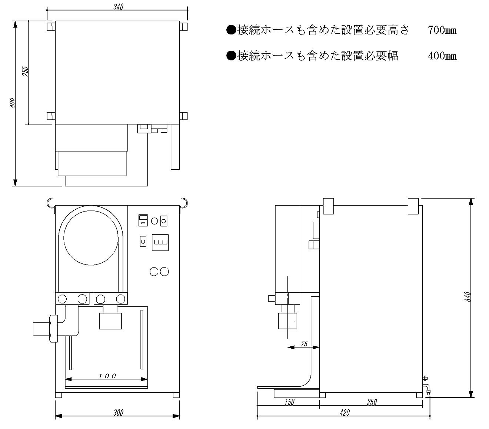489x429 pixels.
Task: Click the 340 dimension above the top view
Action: [118, 7]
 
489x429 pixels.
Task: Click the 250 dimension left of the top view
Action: [25, 71]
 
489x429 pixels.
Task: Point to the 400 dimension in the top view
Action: [12, 102]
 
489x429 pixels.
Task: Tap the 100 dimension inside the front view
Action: [107, 376]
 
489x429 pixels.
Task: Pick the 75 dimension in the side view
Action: [304, 344]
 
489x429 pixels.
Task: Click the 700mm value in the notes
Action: [442, 30]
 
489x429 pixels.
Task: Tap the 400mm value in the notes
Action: [442, 56]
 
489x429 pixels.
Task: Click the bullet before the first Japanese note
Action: [231, 30]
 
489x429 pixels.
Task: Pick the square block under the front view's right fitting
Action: [110, 321]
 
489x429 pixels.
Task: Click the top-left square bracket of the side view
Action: [329, 206]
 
